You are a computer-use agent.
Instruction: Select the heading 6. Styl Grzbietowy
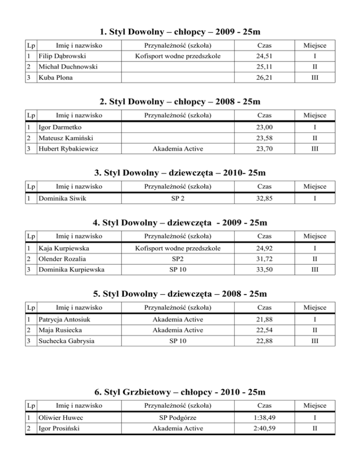(180, 391)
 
